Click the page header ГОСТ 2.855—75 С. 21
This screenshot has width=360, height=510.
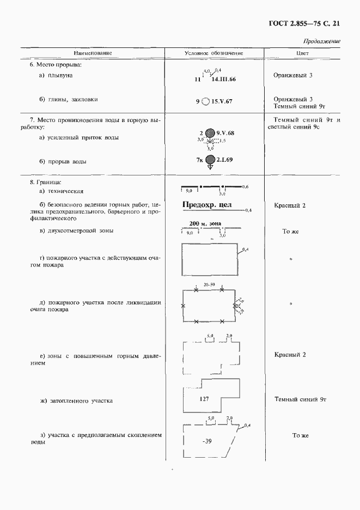(x=304, y=23)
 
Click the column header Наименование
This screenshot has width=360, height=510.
(x=93, y=53)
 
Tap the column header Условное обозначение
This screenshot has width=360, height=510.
(x=214, y=53)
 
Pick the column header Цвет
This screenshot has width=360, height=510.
(x=302, y=53)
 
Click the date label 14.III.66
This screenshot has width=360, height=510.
(x=223, y=80)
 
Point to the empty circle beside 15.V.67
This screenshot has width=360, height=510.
(x=205, y=101)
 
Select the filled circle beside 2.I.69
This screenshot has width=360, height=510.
(x=210, y=160)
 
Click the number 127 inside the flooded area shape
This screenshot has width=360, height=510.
(x=204, y=399)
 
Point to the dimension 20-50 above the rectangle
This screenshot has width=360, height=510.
(x=209, y=285)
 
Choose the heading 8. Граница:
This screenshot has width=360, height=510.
(x=46, y=181)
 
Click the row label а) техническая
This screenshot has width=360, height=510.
(x=61, y=191)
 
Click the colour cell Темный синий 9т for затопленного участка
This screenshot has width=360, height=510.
(x=300, y=399)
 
